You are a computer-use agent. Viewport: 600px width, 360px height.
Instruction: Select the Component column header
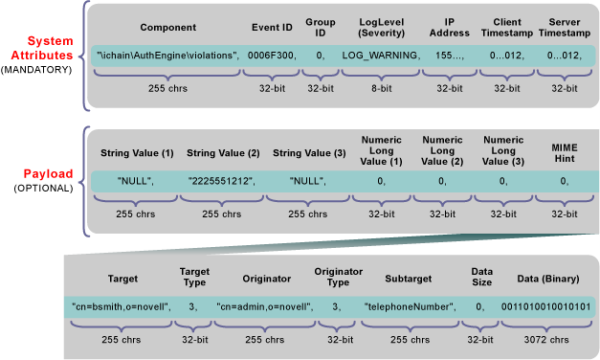pyautogui.click(x=167, y=26)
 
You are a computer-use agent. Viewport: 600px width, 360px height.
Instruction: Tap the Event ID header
pyautogui.click(x=273, y=26)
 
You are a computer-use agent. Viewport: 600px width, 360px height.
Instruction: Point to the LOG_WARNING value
pyautogui.click(x=381, y=56)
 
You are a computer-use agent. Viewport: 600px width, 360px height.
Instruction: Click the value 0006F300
pyautogui.click(x=273, y=56)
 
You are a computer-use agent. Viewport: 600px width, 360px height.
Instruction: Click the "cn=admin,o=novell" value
pyautogui.click(x=264, y=306)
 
